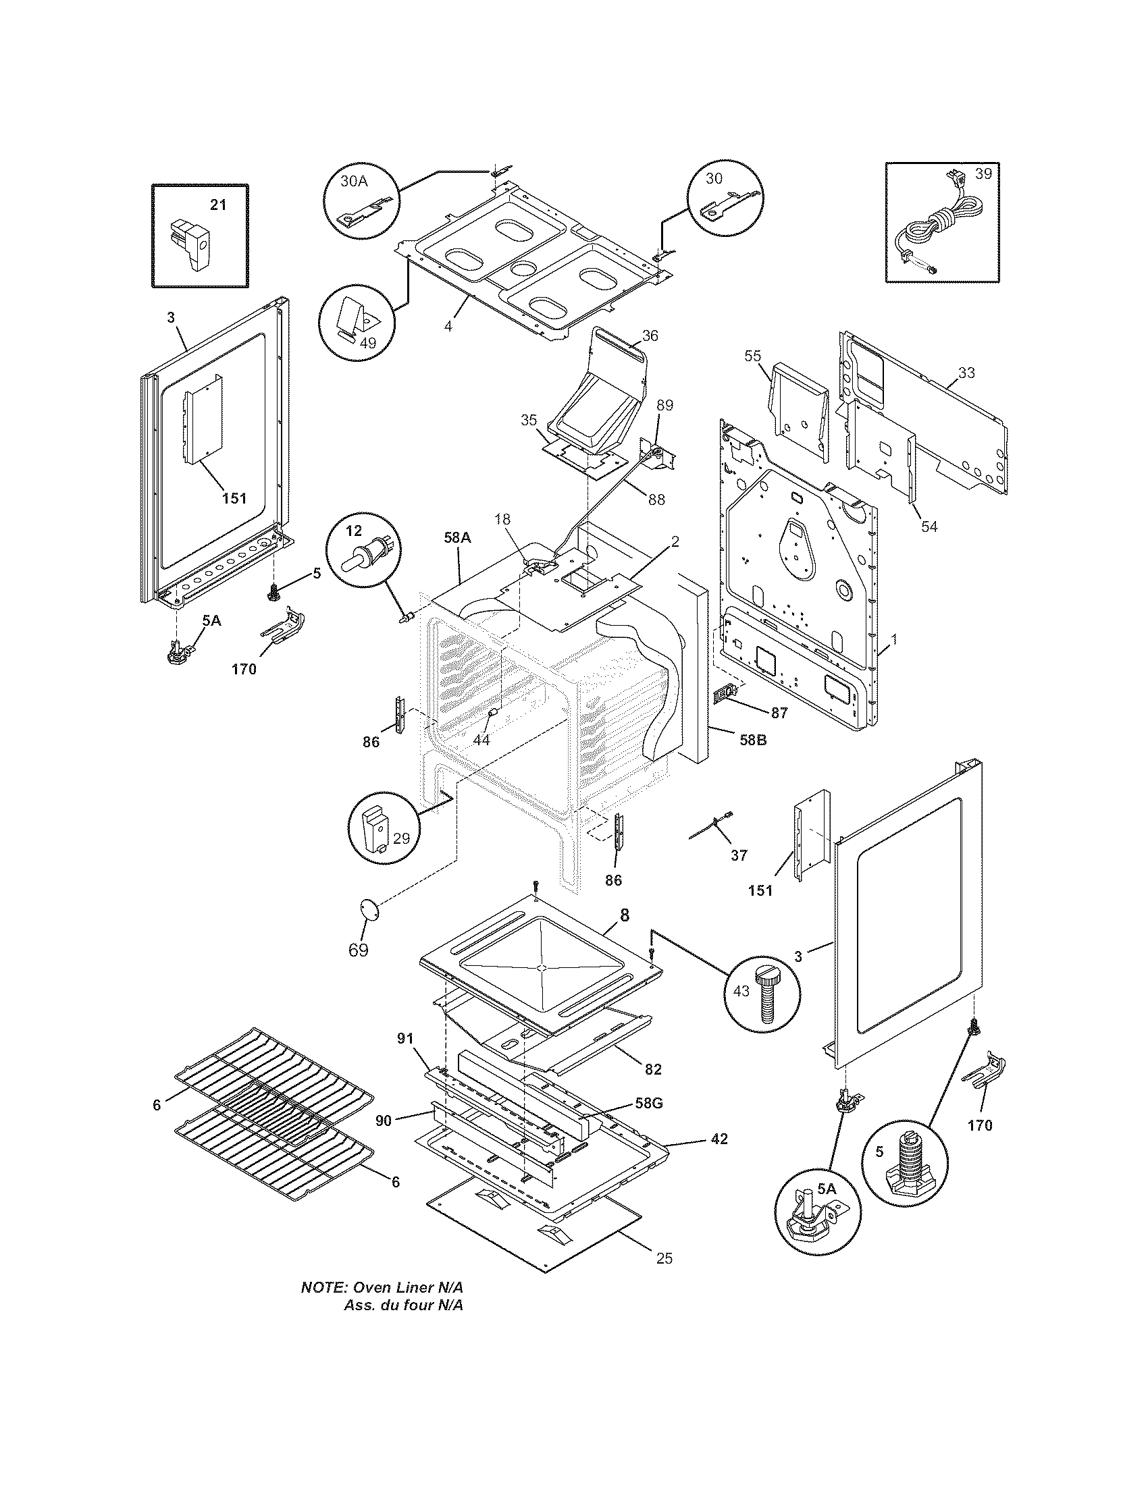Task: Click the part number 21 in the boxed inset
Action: [x=217, y=205]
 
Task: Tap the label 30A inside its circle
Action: [x=354, y=182]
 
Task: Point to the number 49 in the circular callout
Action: [x=367, y=343]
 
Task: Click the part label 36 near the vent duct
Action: [x=650, y=335]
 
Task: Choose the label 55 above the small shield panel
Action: [x=753, y=356]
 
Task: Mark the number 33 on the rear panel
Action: [x=966, y=373]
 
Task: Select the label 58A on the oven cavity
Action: [x=457, y=537]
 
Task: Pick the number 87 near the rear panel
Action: [x=779, y=713]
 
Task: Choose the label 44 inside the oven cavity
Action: [x=481, y=740]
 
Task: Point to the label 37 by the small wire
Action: [x=739, y=855]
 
